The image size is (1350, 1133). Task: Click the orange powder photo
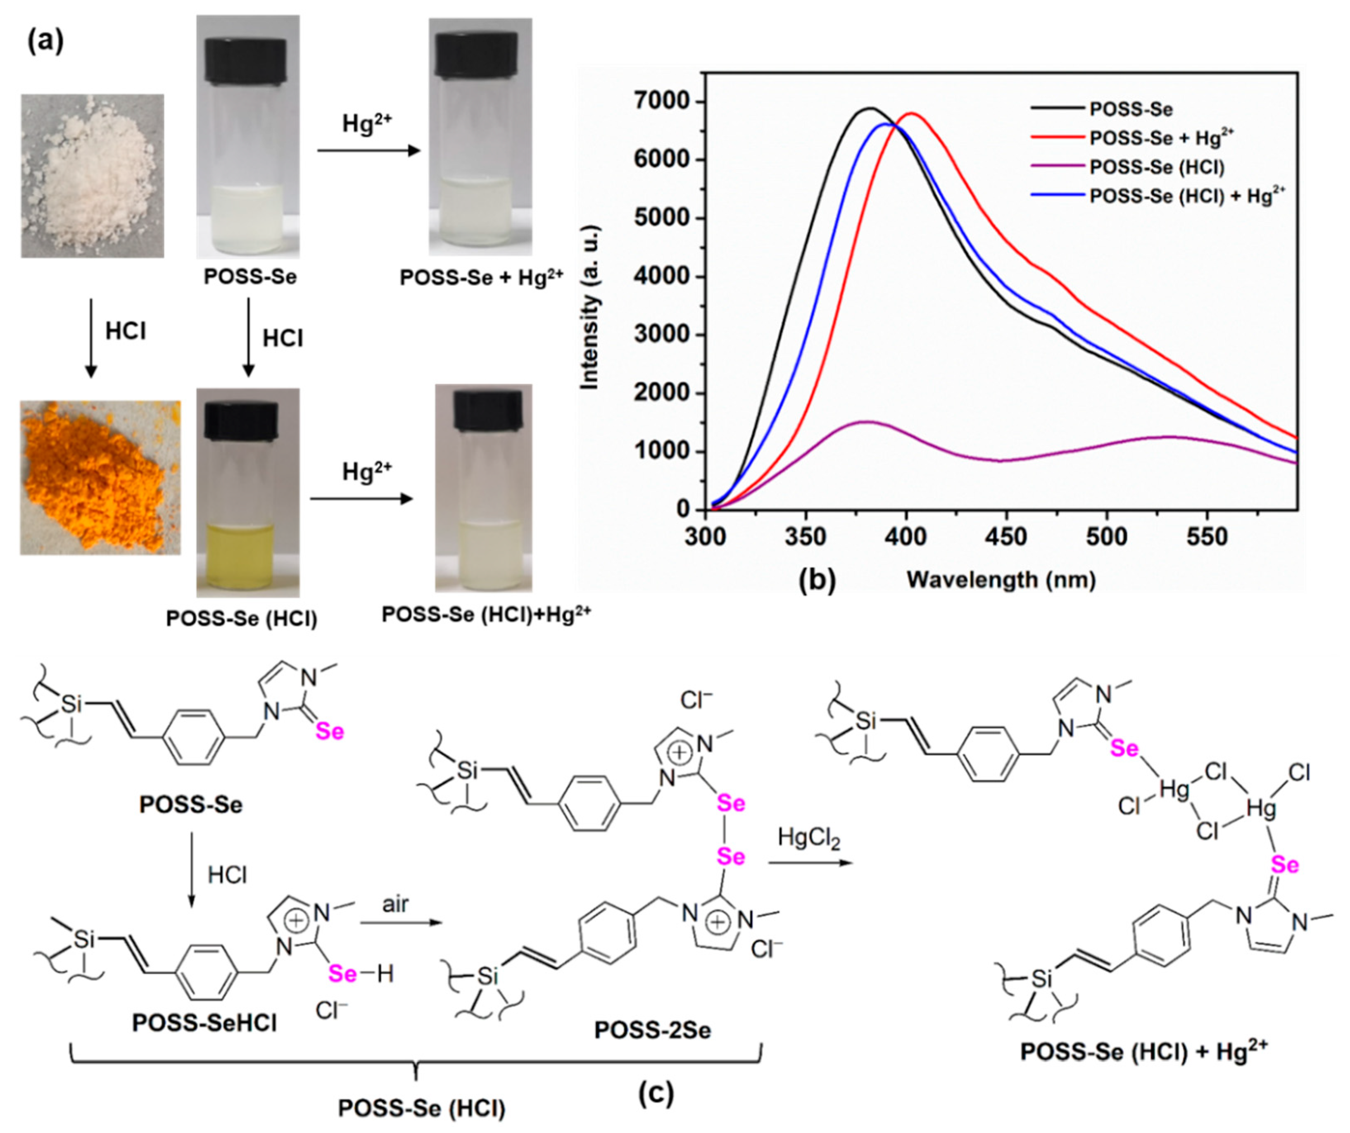[x=100, y=477]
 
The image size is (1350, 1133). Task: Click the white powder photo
[x=92, y=176]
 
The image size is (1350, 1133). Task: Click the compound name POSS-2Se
[x=652, y=1030]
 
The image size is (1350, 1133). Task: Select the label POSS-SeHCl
[x=204, y=1022]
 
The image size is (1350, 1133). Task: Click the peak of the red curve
[x=912, y=113]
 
